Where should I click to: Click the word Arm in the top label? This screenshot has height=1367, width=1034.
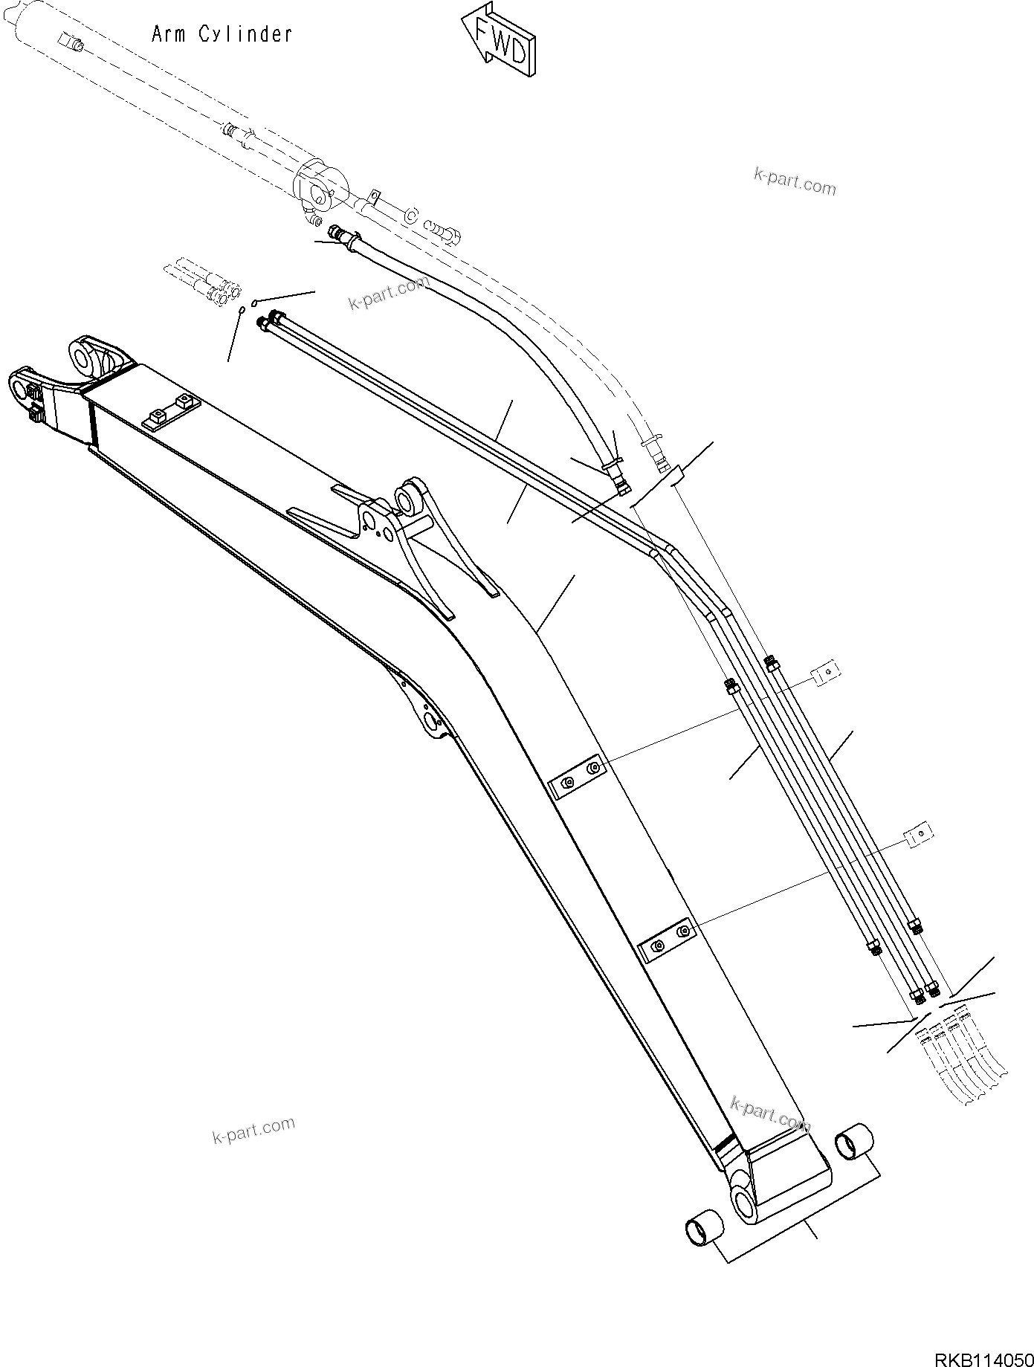(169, 34)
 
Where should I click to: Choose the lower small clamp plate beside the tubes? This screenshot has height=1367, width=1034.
(918, 836)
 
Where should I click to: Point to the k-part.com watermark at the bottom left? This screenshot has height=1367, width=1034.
(253, 1131)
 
